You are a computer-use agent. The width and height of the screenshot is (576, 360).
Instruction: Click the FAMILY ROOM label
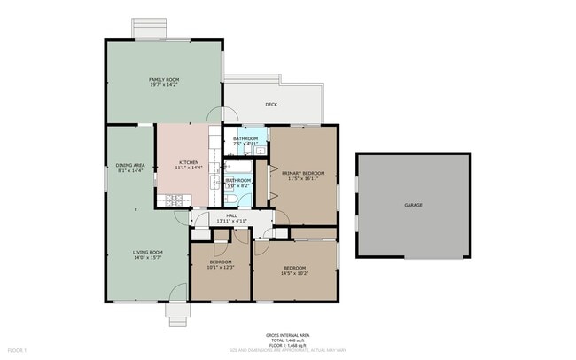click(x=164, y=80)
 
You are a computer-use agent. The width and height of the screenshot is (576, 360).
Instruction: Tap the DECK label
click(x=271, y=104)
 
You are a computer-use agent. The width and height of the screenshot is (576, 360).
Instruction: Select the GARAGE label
click(x=413, y=205)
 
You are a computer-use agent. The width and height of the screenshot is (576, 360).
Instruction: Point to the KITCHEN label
click(x=189, y=162)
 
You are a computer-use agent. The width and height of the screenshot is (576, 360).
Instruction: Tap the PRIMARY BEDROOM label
click(x=303, y=173)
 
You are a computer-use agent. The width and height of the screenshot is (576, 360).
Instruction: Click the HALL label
click(x=231, y=215)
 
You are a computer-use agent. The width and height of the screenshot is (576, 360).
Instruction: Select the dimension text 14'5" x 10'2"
click(x=295, y=273)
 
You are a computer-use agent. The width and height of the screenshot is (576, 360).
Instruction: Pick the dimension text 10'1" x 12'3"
click(x=221, y=268)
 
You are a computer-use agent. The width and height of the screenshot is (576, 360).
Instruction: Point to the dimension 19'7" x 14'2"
click(x=164, y=85)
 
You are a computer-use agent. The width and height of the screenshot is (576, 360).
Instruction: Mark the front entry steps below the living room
click(x=177, y=312)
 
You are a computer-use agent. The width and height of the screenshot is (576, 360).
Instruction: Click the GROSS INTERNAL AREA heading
click(x=287, y=335)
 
